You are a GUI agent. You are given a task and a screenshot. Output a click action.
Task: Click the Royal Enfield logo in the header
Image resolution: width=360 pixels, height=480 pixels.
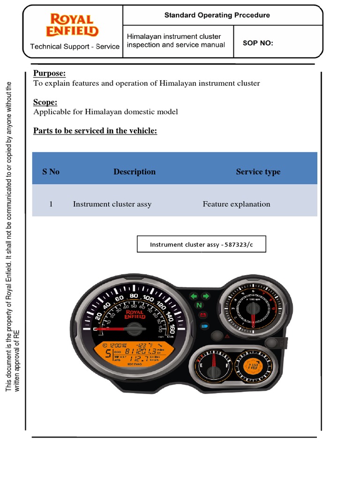coord(72,25)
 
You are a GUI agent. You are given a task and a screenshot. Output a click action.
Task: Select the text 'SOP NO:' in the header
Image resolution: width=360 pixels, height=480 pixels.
coord(258,44)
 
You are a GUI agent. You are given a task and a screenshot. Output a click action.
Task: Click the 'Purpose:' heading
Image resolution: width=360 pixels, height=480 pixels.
coord(49,73)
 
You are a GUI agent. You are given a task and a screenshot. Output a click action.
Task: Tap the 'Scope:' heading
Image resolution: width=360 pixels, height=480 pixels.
coord(45,102)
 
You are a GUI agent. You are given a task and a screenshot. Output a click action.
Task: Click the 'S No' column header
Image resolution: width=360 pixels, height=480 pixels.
coord(51,172)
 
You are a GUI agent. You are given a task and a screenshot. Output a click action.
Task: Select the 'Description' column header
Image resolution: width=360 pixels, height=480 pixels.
coord(134,172)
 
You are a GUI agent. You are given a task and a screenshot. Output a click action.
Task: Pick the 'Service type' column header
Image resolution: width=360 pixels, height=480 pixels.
coord(258,172)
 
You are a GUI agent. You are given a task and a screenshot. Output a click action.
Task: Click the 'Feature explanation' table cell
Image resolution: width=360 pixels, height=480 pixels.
coord(236,204)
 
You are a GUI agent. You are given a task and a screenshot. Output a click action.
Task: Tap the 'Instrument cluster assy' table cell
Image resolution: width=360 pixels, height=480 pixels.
coord(112,204)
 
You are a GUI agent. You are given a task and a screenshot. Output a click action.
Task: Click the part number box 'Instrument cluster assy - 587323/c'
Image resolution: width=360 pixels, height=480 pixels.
coord(201,245)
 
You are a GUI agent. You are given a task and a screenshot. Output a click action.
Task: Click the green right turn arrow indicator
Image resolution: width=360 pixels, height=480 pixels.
coord(205,296)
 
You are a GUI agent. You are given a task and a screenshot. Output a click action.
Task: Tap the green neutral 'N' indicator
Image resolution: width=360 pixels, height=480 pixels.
coord(199,306)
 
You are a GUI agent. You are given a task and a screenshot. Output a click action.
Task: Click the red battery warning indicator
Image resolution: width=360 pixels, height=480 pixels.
coord(203,315)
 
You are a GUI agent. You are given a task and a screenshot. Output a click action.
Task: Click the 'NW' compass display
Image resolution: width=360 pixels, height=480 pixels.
coord(253,366)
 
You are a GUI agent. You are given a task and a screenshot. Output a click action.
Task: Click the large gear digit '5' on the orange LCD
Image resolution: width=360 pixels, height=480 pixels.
coord(108,354)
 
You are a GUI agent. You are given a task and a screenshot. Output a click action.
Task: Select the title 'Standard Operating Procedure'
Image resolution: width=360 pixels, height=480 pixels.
coord(217,15)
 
